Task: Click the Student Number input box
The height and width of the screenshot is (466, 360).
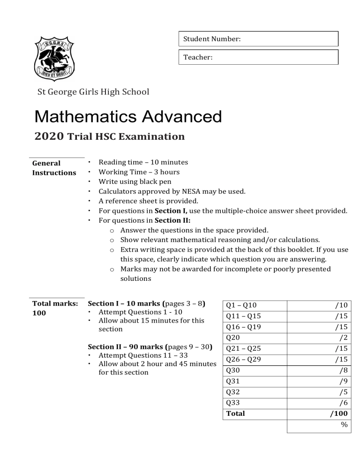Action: [x=258, y=39]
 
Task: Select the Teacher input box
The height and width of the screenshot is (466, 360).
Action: [x=258, y=57]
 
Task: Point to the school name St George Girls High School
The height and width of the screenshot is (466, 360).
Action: [x=93, y=92]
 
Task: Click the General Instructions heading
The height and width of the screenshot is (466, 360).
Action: [x=54, y=168]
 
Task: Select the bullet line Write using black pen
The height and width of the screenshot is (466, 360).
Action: [x=135, y=181]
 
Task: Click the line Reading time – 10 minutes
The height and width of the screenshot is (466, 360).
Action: [x=143, y=162]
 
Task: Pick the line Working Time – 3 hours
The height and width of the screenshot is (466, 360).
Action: [x=139, y=172]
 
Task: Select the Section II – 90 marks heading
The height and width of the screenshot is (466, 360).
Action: [x=125, y=347]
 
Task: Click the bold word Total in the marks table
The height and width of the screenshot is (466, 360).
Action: [x=235, y=414]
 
